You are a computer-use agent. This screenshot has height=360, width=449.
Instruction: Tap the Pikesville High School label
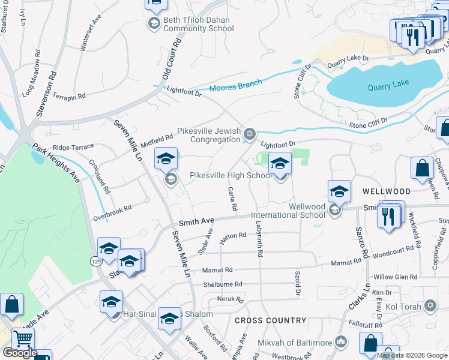pos(231,176)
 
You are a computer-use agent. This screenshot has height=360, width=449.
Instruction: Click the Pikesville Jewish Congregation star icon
pos(250,133)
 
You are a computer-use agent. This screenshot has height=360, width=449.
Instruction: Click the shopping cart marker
pos(22,340)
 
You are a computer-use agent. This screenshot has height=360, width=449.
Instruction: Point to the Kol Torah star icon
pos(430,306)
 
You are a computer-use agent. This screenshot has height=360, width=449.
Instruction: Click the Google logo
pos(20,353)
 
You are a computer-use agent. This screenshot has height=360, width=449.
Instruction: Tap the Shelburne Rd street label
pos(223,284)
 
